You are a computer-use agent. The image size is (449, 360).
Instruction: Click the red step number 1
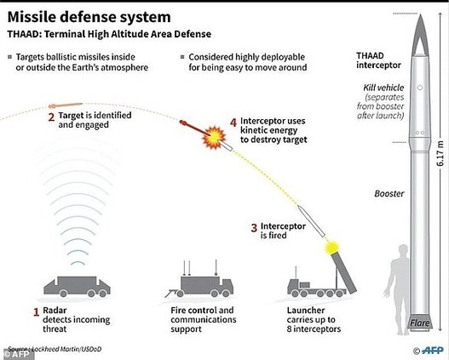pyautogui.click(x=36, y=312)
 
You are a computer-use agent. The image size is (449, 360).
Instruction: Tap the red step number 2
pyautogui.click(x=51, y=117)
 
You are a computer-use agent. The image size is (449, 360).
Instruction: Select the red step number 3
pyautogui.click(x=254, y=228)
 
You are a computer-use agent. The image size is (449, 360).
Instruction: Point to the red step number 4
pyautogui.click(x=233, y=123)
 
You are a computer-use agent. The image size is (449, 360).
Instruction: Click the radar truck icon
pyautogui.click(x=77, y=287)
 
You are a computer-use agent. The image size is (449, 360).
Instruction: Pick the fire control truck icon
pyautogui.click(x=199, y=283)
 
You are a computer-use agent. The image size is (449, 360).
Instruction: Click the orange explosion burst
pyautogui.click(x=214, y=138)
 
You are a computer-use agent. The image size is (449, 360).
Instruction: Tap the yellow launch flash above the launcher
pyautogui.click(x=332, y=247)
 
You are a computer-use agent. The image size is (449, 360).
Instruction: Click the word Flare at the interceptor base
pyautogui.click(x=420, y=323)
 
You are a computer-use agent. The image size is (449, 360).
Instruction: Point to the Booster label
pyautogui.click(x=389, y=193)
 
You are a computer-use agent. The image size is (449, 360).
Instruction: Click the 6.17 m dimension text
pyautogui.click(x=441, y=155)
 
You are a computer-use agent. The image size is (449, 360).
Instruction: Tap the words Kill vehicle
pyautogui.click(x=383, y=88)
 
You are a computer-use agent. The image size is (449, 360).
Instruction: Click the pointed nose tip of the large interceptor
pyautogui.click(x=420, y=14)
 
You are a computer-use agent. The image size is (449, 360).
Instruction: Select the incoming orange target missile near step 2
pyautogui.click(x=66, y=106)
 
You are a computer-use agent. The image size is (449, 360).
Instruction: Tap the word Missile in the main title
pyautogui.click(x=32, y=17)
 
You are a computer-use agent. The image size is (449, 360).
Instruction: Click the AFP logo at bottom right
pyautogui.click(x=429, y=350)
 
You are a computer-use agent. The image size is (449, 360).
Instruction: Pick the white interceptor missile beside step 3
pyautogui.click(x=311, y=221)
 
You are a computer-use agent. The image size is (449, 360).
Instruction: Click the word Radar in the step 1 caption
pyautogui.click(x=55, y=311)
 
